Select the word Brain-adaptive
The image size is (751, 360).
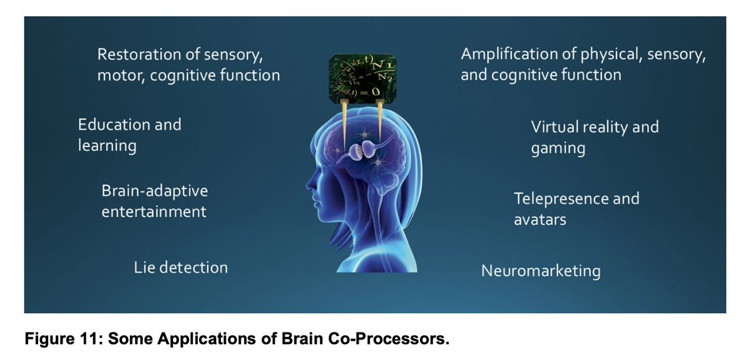(154, 190)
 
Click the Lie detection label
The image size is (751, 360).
(181, 267)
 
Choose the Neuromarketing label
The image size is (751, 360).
(541, 271)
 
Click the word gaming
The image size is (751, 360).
(558, 149)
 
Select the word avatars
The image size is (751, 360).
(540, 220)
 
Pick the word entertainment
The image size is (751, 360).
(153, 212)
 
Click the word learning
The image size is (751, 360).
(107, 147)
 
